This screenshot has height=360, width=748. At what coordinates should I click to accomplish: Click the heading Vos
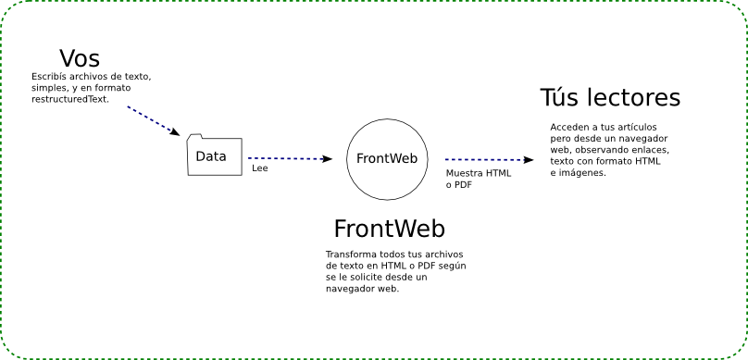(80, 58)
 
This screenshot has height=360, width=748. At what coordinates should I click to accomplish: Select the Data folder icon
(215, 155)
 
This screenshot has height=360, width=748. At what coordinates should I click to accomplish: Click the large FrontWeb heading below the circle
(389, 229)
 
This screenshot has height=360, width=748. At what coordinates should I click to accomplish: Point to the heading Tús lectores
(610, 98)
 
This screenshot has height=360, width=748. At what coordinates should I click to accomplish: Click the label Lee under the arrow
(260, 168)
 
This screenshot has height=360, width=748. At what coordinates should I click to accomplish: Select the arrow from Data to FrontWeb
(290, 158)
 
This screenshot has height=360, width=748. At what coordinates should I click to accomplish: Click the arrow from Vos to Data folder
(154, 121)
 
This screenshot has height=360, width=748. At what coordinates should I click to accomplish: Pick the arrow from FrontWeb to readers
(490, 160)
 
